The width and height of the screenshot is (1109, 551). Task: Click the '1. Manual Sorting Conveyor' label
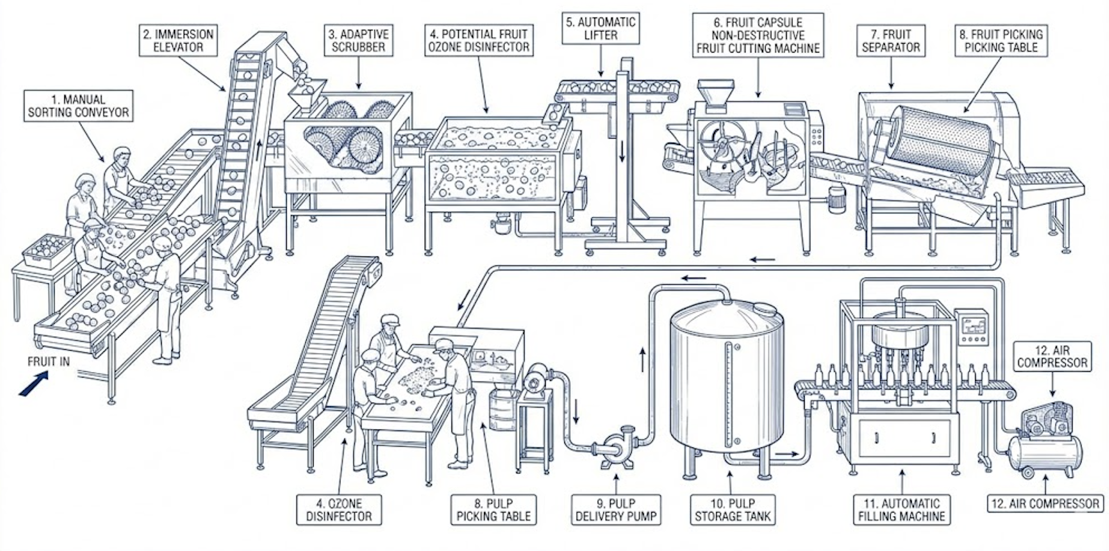[x=78, y=106]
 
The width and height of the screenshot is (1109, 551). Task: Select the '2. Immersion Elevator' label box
[x=178, y=41]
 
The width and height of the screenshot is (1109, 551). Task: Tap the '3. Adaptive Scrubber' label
[x=358, y=41]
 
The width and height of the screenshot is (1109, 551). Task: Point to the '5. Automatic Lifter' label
[x=601, y=29]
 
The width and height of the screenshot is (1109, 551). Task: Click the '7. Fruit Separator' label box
[x=891, y=41]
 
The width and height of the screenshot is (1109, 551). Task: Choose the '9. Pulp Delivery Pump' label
[x=616, y=510]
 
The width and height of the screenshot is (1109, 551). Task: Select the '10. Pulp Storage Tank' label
[x=733, y=510]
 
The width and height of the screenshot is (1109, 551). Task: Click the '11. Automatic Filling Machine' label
[x=902, y=510]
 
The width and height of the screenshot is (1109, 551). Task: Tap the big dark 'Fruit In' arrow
[x=34, y=384]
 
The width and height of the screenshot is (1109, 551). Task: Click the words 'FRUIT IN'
[x=48, y=361]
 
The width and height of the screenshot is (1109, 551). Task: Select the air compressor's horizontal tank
[x=1045, y=453]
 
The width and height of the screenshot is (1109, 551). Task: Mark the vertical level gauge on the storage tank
[x=729, y=394]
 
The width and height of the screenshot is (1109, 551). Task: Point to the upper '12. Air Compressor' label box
[x=1052, y=356]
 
